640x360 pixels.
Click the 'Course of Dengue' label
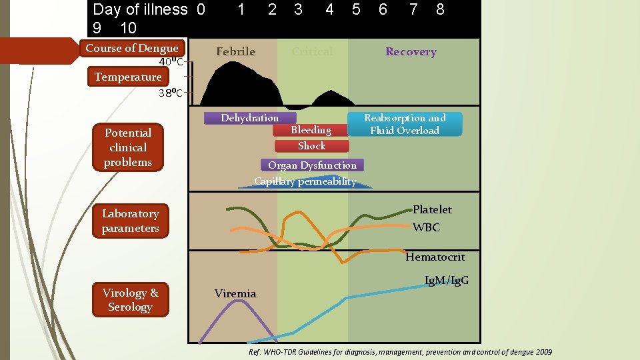[132, 48]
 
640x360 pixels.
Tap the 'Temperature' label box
[127, 77]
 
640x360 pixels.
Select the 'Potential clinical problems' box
[127, 147]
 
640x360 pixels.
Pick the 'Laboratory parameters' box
[130, 221]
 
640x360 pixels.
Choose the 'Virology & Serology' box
[130, 299]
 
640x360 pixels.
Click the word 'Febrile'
[235, 51]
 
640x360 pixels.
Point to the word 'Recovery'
[411, 51]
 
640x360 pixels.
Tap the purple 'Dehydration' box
[249, 118]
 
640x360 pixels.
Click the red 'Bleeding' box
[311, 130]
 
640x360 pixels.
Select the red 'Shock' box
[311, 146]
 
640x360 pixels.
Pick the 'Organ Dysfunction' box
[312, 165]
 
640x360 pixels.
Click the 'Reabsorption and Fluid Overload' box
[405, 124]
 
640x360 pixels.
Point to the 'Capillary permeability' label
[305, 181]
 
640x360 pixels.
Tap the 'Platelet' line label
[432, 209]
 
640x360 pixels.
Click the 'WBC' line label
[426, 227]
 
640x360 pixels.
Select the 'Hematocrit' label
[435, 257]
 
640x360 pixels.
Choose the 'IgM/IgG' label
[446, 280]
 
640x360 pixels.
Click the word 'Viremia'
[235, 293]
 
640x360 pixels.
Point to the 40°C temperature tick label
[171, 63]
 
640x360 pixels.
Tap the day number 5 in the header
[356, 9]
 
